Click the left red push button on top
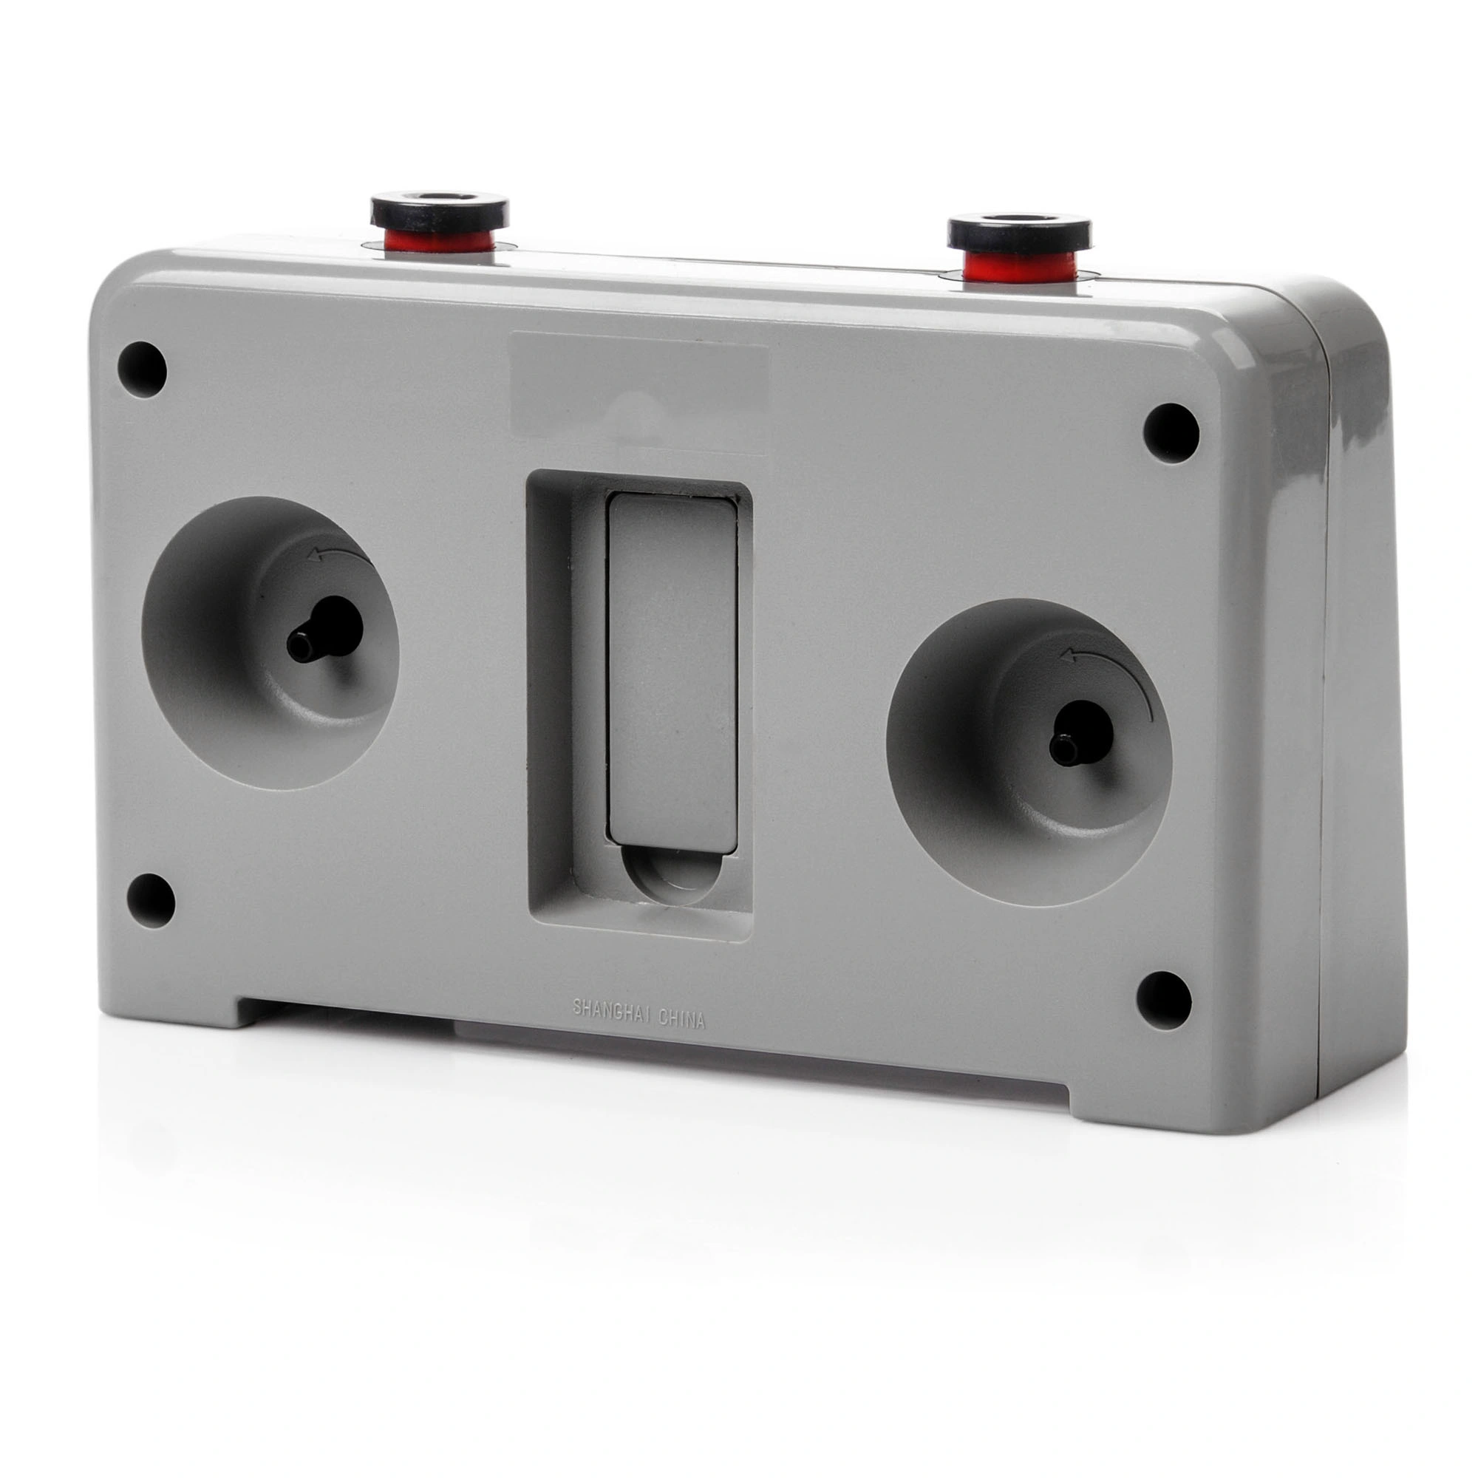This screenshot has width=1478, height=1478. coord(438,242)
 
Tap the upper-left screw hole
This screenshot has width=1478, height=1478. coord(143,369)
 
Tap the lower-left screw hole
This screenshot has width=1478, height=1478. coord(151,900)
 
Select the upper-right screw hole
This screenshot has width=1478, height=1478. coord(1171,432)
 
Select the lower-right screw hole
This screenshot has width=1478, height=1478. coord(1164,1001)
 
